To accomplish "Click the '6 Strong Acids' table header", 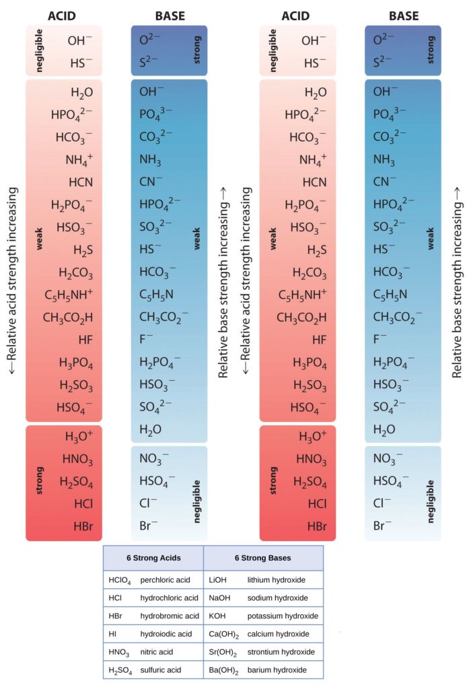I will [x=153, y=558].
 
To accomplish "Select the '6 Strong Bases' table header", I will [x=263, y=558].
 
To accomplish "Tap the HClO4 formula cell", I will [x=120, y=579].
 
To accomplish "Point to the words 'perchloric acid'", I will [x=166, y=579].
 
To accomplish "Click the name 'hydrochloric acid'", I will [x=170, y=597].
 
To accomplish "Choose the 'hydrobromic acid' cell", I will [x=170, y=616].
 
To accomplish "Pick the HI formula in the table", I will [x=112, y=634].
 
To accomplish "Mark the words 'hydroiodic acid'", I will [x=166, y=634].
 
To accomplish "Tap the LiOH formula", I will [x=219, y=579].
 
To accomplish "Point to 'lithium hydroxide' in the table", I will [x=276, y=579].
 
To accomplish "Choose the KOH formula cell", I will [x=219, y=616].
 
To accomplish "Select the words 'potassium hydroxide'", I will [x=283, y=616].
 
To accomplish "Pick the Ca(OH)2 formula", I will [x=225, y=634].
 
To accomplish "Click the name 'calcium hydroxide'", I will [x=279, y=634].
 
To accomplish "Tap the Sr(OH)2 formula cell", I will [x=224, y=653].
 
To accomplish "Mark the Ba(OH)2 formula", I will [x=225, y=671].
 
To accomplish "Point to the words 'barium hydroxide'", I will [x=277, y=670].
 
